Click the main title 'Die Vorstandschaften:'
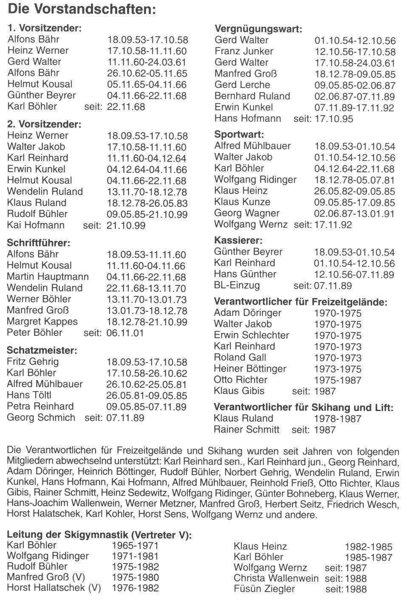[x=82, y=9]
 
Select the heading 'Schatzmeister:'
[x=42, y=350]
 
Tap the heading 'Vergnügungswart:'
[x=258, y=29]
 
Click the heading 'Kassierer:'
[x=238, y=241]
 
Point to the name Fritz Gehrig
[x=33, y=362]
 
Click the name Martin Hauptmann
[x=48, y=277]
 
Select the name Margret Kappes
[x=42, y=321]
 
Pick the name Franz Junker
[x=244, y=51]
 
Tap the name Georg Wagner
[x=247, y=213]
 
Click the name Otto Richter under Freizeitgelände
[x=240, y=380]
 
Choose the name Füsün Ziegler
[x=264, y=589]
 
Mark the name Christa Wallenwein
[x=276, y=578]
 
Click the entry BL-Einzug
[x=237, y=285]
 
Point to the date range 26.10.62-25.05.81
[x=147, y=385]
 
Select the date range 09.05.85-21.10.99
[x=147, y=214]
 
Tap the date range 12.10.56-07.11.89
[x=354, y=275]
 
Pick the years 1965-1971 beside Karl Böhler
[x=135, y=546]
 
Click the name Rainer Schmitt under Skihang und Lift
[x=246, y=430]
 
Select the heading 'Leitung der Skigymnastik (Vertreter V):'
[x=99, y=535]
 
